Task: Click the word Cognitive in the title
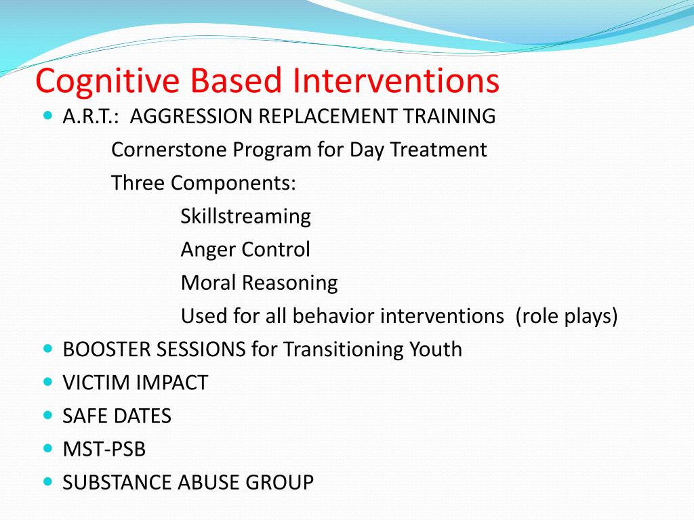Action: point(108,82)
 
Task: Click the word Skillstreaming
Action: point(245,217)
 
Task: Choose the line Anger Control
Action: point(245,250)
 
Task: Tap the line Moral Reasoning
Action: point(260,283)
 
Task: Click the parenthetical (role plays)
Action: point(567,316)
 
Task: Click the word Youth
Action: point(436,349)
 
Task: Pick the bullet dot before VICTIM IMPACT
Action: point(48,381)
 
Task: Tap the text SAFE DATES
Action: point(117,416)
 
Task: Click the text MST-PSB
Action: point(104,450)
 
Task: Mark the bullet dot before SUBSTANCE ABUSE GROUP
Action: point(48,481)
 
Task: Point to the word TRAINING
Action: point(449,116)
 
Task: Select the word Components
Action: point(233,183)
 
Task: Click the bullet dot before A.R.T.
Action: point(48,116)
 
